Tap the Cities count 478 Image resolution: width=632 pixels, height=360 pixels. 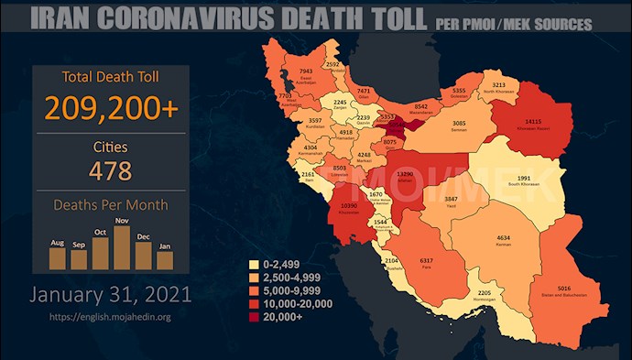[x=111, y=170]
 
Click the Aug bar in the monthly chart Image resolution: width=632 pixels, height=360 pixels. [x=57, y=257]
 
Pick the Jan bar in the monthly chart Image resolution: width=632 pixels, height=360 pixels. [x=165, y=260]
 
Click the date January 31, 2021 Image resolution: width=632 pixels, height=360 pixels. [x=111, y=295]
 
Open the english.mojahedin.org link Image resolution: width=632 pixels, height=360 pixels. [x=111, y=317]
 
